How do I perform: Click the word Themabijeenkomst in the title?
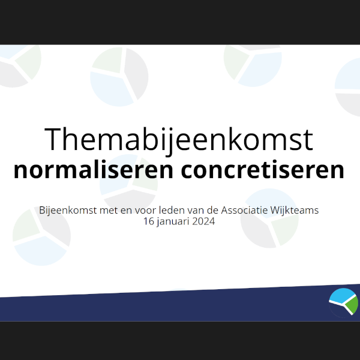179,140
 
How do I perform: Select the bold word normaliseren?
93,170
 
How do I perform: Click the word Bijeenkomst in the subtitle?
68,211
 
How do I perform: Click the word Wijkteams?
295,211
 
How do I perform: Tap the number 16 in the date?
148,221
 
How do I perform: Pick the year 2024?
203,221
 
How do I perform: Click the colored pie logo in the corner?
343,303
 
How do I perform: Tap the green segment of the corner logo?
352,304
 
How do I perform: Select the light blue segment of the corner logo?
341,296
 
